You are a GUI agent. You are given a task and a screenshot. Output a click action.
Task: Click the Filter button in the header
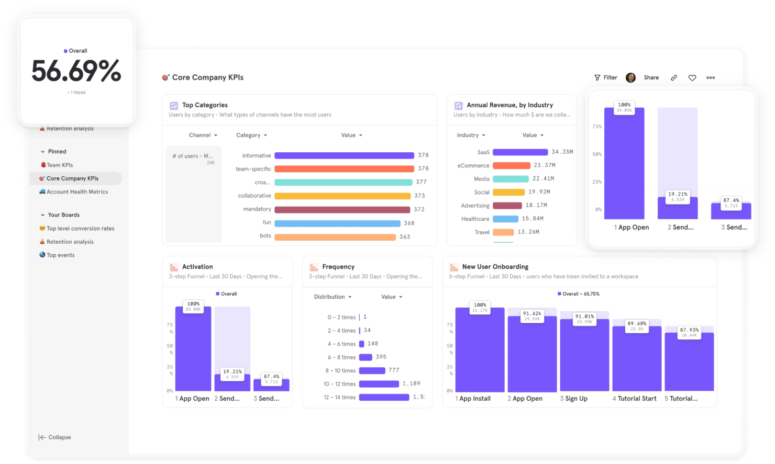605,77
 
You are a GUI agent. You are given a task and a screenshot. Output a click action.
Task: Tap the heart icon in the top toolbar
692,78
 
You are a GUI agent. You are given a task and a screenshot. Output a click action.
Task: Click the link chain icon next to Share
674,78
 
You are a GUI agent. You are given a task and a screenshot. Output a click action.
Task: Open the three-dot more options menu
711,78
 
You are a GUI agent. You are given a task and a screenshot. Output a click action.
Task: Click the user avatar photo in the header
630,77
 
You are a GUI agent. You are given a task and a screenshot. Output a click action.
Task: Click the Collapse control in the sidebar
55,437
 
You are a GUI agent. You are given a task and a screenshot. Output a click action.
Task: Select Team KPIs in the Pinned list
59,165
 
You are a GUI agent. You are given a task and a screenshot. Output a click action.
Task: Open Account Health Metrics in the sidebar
76,192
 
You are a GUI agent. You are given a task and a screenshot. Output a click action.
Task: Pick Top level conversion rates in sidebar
80,229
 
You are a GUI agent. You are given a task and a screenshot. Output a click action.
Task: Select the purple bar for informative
344,155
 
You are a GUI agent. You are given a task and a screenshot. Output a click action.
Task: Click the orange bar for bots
335,237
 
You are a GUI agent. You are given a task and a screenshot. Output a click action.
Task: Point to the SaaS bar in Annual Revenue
520,152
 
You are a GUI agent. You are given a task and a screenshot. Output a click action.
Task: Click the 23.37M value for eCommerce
545,165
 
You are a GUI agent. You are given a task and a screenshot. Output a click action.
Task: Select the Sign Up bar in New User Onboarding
584,356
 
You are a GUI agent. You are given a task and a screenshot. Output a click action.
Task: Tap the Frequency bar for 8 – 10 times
372,371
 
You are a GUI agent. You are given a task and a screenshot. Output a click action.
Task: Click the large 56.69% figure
76,72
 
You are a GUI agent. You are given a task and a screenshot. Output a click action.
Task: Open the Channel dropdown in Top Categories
203,135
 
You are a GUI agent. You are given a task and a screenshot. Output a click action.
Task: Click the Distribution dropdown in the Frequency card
333,297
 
